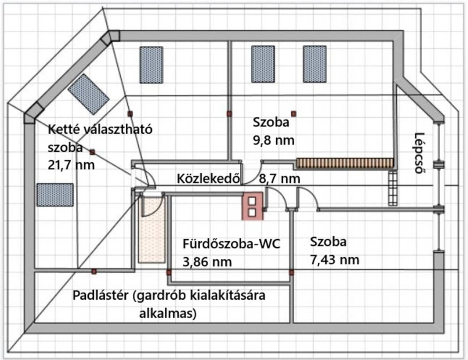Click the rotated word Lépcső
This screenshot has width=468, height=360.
coord(420,153)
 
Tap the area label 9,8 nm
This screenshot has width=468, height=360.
coord(273,140)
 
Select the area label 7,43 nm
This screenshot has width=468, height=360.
coord(335,260)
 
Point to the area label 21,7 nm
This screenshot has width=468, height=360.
coord(71,165)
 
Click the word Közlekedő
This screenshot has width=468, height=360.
coord(208,179)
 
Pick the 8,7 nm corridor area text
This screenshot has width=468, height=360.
coord(280,179)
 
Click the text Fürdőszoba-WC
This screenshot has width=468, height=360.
coord(232,244)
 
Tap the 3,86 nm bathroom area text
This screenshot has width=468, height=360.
coord(207,262)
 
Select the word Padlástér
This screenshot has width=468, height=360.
coord(101,296)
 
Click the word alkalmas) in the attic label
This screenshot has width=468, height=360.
coord(168,314)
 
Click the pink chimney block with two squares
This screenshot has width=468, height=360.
coord(252,206)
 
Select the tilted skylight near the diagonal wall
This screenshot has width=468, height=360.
coord(88,94)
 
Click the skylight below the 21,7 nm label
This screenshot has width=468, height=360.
coord(55,195)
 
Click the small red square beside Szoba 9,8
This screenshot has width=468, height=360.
coord(294,114)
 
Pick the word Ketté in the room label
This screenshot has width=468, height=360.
coord(63,129)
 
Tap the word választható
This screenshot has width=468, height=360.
coord(117,129)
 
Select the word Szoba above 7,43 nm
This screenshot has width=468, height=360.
coord(328,242)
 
